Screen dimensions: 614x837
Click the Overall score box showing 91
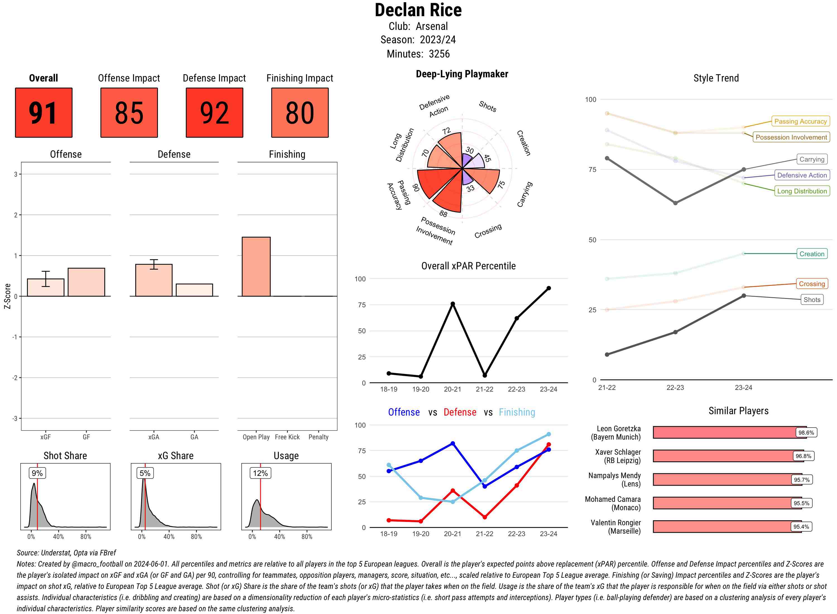tap(44, 113)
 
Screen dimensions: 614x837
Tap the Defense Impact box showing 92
tap(214, 113)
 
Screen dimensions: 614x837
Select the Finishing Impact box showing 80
tap(300, 113)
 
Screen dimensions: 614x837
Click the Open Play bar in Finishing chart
tap(256, 267)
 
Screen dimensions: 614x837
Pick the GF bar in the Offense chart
tap(86, 282)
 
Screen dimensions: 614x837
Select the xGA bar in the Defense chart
tap(154, 280)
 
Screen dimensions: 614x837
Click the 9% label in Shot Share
tap(37, 473)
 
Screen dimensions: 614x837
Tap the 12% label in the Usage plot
tap(260, 473)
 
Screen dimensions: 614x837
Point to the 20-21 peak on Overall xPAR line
tap(453, 304)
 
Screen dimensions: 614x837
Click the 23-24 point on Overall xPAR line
tap(548, 288)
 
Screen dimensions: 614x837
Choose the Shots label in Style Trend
tap(811, 299)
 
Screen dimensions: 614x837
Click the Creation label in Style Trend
tap(811, 254)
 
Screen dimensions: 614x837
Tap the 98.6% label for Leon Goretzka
tap(806, 433)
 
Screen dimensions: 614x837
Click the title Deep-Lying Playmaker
tap(462, 74)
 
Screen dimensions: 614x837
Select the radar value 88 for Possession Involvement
tap(443, 214)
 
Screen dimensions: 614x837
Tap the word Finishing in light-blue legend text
tap(517, 412)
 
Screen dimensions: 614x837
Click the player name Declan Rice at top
tap(418, 10)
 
